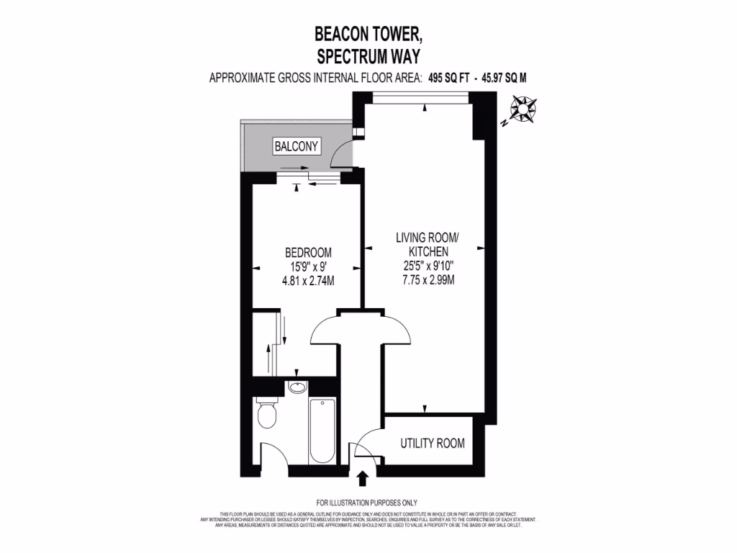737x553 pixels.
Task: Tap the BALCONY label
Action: (296, 146)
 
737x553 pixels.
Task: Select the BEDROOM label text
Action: (308, 253)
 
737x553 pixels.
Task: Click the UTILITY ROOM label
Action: (432, 443)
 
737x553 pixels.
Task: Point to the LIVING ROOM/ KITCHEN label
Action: (428, 244)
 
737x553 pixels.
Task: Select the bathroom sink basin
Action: (297, 388)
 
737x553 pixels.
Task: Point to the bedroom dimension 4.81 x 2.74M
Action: (308, 280)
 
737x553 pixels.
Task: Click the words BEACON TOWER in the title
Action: (368, 34)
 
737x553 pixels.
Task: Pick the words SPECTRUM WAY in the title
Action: (368, 55)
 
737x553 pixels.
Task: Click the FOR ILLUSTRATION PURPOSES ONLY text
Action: (367, 502)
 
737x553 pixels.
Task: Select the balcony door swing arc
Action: (342, 153)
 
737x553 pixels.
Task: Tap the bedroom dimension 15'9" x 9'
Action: (308, 266)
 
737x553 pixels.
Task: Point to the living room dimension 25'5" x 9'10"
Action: (428, 266)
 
